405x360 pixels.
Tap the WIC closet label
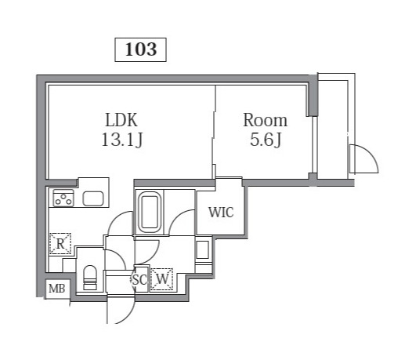coord(220,212)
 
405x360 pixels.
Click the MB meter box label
coord(57,289)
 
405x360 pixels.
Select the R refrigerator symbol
coord(60,244)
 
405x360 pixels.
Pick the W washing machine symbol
coord(162,278)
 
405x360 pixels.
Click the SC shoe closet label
coord(139,278)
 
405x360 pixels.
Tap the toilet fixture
coord(89,276)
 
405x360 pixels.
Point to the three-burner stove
coord(63,198)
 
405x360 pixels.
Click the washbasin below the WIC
coord(202,250)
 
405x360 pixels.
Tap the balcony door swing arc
coord(363,159)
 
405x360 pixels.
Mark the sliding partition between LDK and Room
coord(214,133)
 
